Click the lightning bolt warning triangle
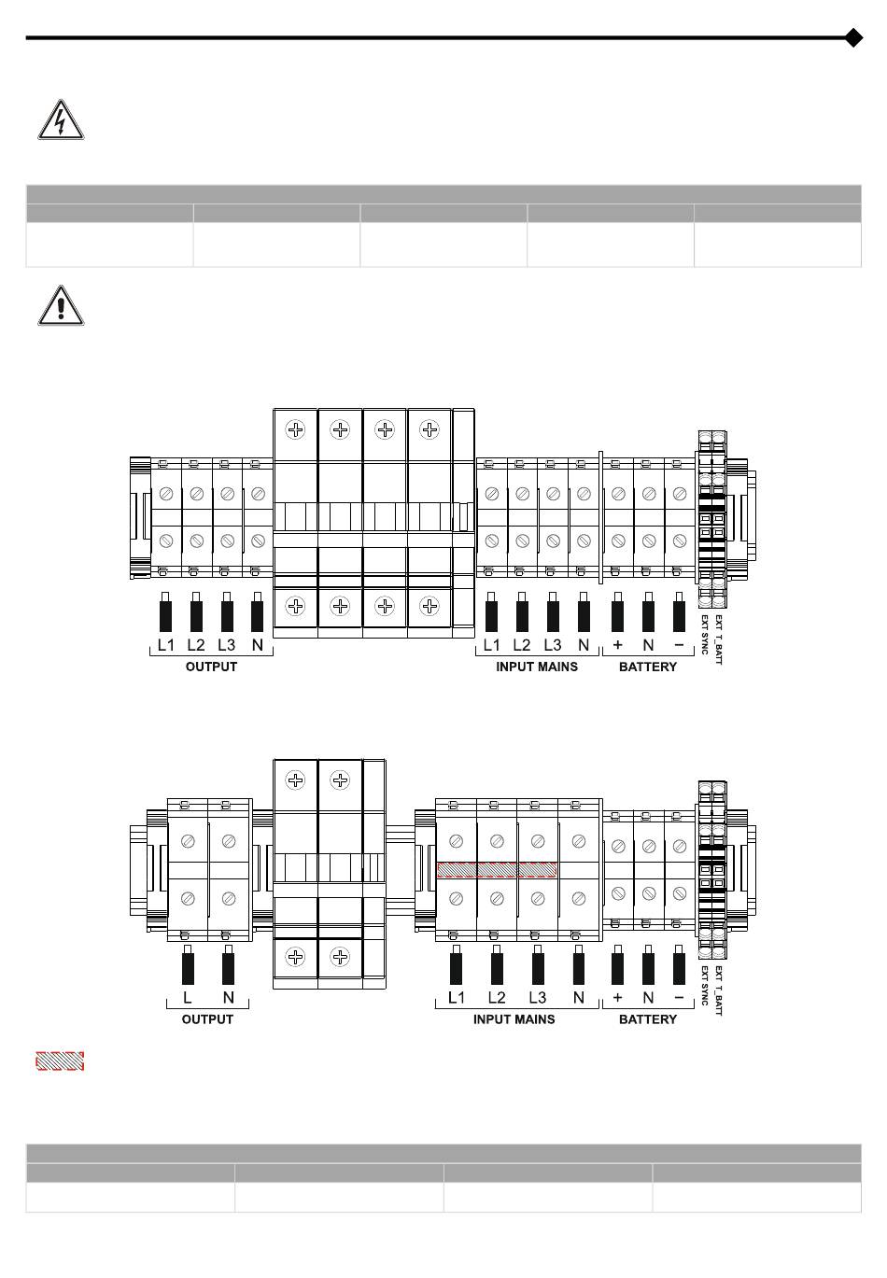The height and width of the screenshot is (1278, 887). (x=61, y=120)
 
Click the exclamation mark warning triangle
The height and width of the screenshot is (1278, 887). (x=61, y=305)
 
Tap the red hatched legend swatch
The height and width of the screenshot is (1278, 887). (x=61, y=1061)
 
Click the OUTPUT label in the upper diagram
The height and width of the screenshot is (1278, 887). (x=211, y=667)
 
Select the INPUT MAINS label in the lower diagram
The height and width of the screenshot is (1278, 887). (x=514, y=1019)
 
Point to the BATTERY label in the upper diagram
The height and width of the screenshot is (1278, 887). (x=647, y=667)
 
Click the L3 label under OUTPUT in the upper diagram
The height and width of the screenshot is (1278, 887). (x=227, y=645)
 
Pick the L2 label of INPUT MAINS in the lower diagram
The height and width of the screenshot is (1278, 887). (x=497, y=997)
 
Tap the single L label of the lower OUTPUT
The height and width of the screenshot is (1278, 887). (x=188, y=997)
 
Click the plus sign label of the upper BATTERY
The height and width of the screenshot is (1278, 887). (x=617, y=645)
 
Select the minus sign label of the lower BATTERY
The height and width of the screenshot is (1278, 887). (x=679, y=997)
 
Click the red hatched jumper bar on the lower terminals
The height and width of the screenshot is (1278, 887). (x=498, y=870)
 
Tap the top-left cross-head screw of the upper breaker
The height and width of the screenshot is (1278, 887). (x=295, y=429)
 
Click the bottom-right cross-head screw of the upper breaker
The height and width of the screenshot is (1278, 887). (x=429, y=606)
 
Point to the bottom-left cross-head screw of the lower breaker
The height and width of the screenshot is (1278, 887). (x=295, y=957)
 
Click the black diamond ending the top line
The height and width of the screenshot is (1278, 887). (x=853, y=37)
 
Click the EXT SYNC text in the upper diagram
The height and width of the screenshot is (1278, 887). (x=705, y=635)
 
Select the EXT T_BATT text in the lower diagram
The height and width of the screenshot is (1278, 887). (x=718, y=990)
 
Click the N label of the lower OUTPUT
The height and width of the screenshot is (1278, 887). (x=229, y=997)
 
